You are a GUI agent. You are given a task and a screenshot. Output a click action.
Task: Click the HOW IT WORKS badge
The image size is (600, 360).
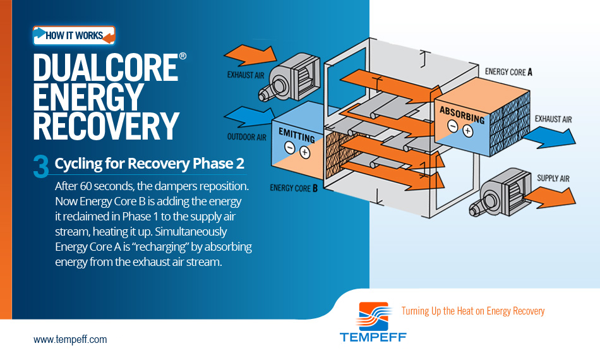[x=75, y=35]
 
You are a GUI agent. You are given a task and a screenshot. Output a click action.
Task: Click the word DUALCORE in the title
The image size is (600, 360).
[x=105, y=68]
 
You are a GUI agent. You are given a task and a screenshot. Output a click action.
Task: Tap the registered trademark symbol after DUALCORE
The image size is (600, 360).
[x=183, y=56]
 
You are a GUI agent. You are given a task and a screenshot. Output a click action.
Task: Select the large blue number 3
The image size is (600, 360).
[x=41, y=166]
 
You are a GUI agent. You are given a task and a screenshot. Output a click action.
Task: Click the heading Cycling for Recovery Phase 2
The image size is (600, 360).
[x=149, y=164]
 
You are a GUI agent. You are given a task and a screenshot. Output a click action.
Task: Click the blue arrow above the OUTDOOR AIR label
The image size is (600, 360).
[x=250, y=117]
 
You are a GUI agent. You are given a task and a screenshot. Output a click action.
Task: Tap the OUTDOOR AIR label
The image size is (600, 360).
[x=246, y=137]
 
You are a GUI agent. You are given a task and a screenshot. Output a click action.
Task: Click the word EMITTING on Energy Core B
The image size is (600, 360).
[x=297, y=135]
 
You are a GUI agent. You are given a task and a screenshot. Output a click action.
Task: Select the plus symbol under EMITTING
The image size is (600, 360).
[x=304, y=153]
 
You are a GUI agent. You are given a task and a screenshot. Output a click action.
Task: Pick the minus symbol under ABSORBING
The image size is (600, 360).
[x=453, y=126]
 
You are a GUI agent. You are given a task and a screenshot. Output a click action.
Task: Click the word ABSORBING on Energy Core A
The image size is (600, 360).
[x=462, y=115]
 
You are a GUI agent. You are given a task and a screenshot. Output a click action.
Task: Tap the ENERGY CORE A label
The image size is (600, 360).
[x=508, y=72]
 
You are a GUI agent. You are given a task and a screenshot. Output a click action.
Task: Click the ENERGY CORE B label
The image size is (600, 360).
[x=294, y=188]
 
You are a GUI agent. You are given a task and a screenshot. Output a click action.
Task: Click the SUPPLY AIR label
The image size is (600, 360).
[x=553, y=178]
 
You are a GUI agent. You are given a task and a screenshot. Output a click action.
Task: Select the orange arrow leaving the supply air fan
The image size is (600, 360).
[x=550, y=197]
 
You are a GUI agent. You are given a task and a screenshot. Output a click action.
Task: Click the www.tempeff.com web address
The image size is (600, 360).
[x=70, y=339]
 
